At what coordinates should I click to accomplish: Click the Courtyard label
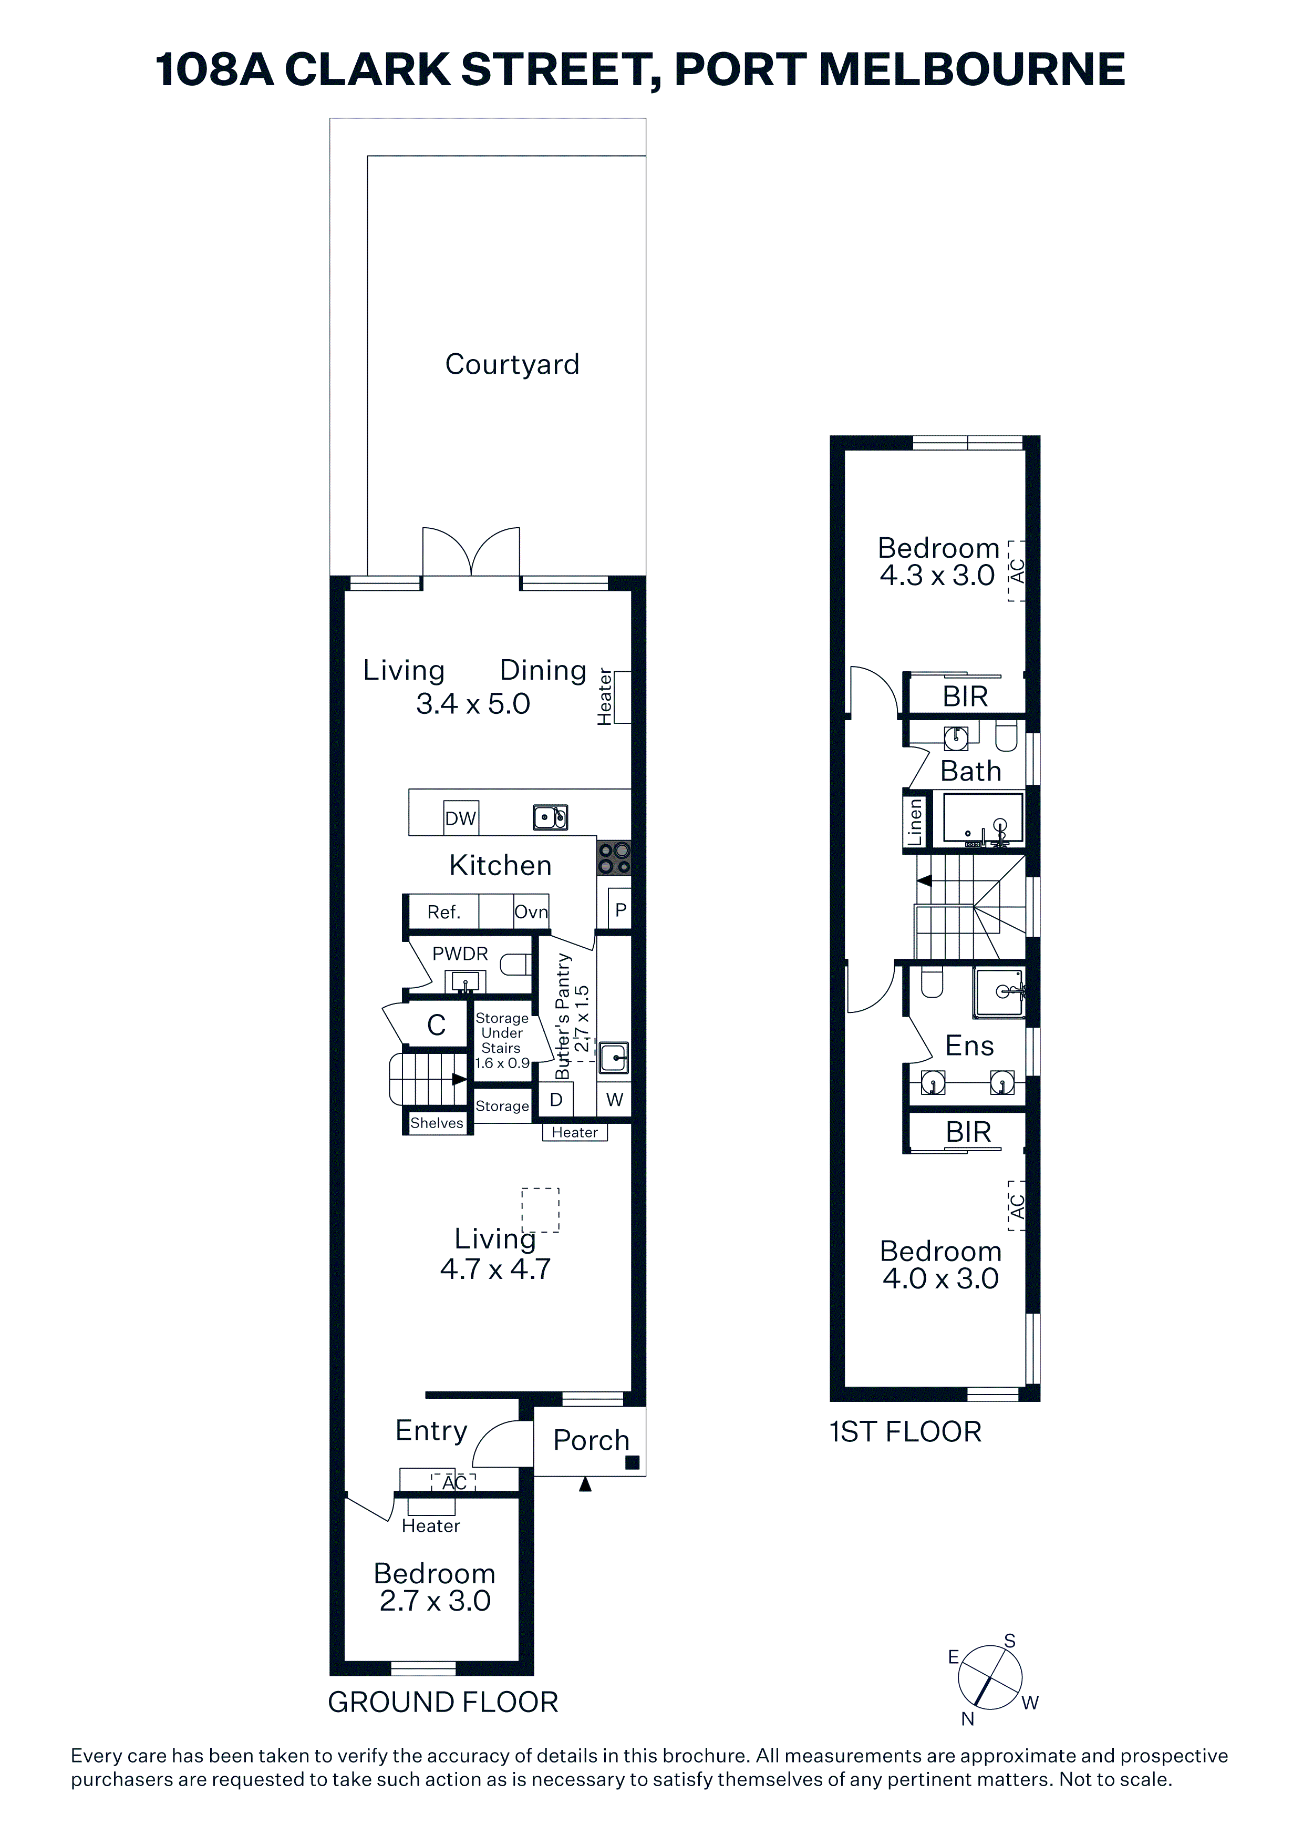coord(512,365)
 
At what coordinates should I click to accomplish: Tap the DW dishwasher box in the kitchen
coord(461,817)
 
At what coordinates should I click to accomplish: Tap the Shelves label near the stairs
coord(437,1123)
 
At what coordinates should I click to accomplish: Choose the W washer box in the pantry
coord(614,1100)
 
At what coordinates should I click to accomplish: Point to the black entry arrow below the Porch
coord(585,1485)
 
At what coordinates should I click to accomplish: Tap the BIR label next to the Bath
coord(965,696)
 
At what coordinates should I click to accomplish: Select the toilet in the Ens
coord(932,983)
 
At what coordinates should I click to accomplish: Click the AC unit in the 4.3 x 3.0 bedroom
coord(1017,571)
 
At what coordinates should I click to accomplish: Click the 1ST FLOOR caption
coord(906,1432)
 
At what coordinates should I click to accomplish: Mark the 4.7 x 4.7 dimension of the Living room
coord(495,1269)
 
